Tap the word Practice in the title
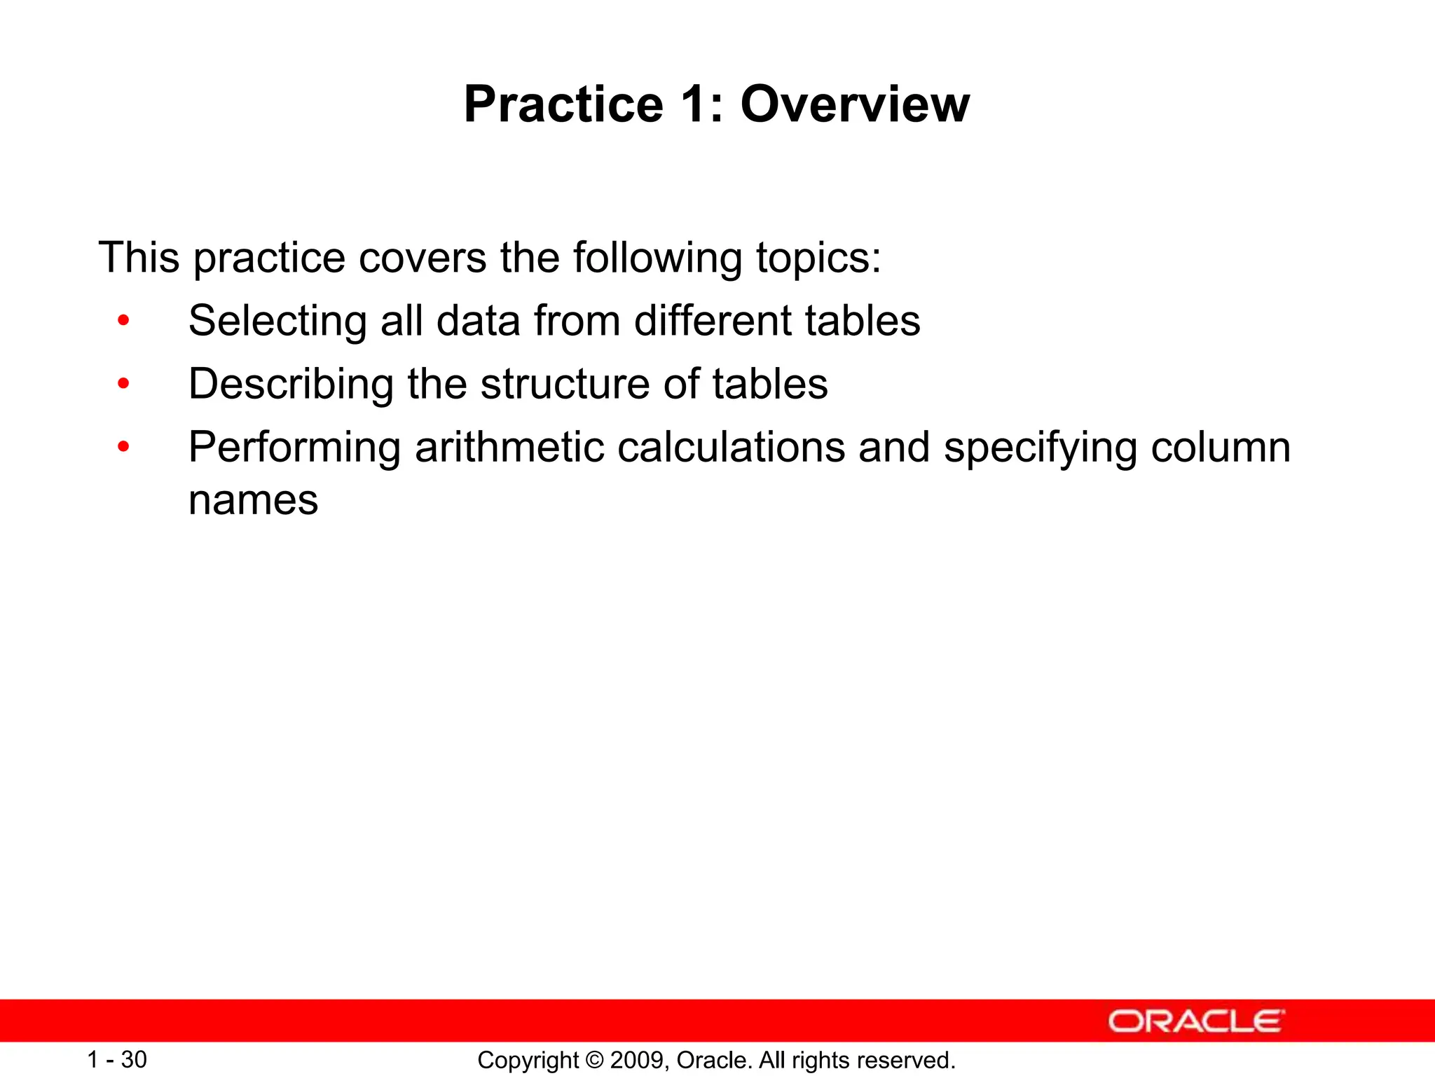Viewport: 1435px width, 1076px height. [563, 104]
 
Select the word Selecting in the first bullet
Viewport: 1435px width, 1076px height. [277, 322]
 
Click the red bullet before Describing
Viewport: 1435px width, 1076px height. [124, 384]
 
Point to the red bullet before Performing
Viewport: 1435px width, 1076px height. [124, 446]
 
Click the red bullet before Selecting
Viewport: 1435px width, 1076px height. [124, 321]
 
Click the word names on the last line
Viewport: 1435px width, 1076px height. [253, 501]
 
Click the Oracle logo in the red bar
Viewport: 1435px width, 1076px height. [1196, 1021]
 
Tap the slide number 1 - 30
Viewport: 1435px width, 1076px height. [117, 1060]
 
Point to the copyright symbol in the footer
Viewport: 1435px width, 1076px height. [595, 1061]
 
